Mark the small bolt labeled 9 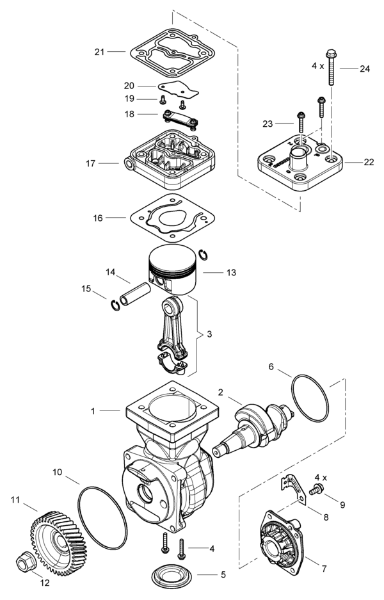314,491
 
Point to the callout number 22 369,162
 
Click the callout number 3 208,334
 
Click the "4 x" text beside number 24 318,66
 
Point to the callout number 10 57,472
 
